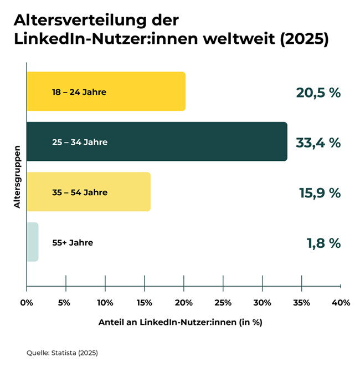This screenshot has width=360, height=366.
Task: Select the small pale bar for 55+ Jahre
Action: (x=32, y=242)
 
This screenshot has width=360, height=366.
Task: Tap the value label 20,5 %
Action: (x=317, y=93)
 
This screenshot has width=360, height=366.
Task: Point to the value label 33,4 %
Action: (x=317, y=143)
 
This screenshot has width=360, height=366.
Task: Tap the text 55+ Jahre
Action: (x=73, y=242)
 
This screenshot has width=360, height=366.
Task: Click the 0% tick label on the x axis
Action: (x=27, y=303)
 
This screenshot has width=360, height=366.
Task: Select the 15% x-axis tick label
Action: (x=144, y=303)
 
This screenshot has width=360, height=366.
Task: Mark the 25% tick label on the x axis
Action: (x=223, y=303)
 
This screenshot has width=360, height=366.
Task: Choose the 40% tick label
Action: (x=341, y=303)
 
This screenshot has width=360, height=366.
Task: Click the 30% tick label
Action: (x=262, y=303)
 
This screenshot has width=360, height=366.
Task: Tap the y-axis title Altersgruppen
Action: (x=17, y=176)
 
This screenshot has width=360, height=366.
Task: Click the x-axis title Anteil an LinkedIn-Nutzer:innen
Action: (x=180, y=322)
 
